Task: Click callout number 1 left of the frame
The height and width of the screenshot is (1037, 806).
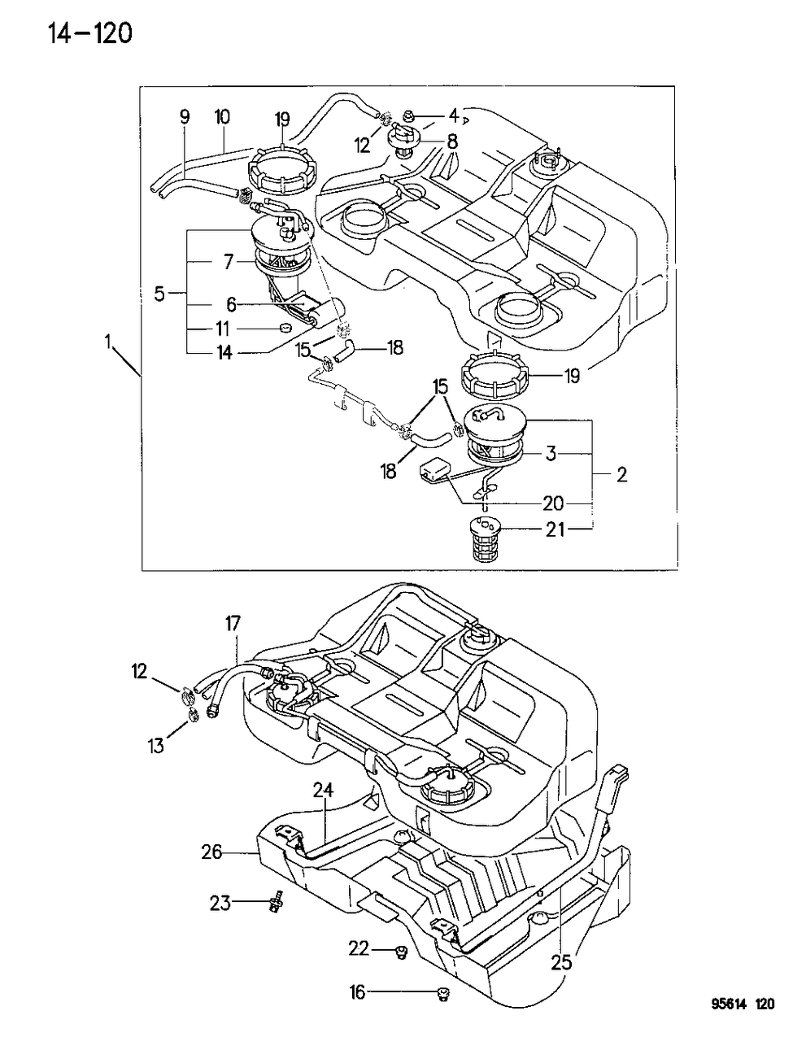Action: [109, 342]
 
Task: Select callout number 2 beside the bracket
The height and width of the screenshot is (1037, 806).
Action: [621, 475]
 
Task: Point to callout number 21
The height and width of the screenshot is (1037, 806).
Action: [555, 529]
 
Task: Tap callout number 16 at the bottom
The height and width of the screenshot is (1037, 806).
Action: [357, 992]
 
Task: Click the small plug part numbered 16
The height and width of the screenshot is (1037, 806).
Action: [442, 994]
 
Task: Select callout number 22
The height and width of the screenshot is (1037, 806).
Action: [359, 948]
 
